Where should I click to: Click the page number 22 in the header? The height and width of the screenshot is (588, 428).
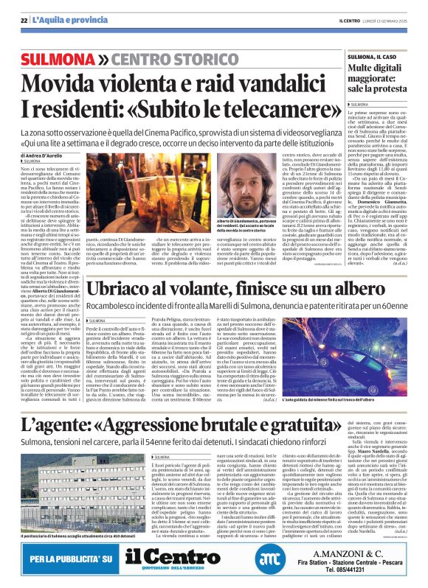24,19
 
